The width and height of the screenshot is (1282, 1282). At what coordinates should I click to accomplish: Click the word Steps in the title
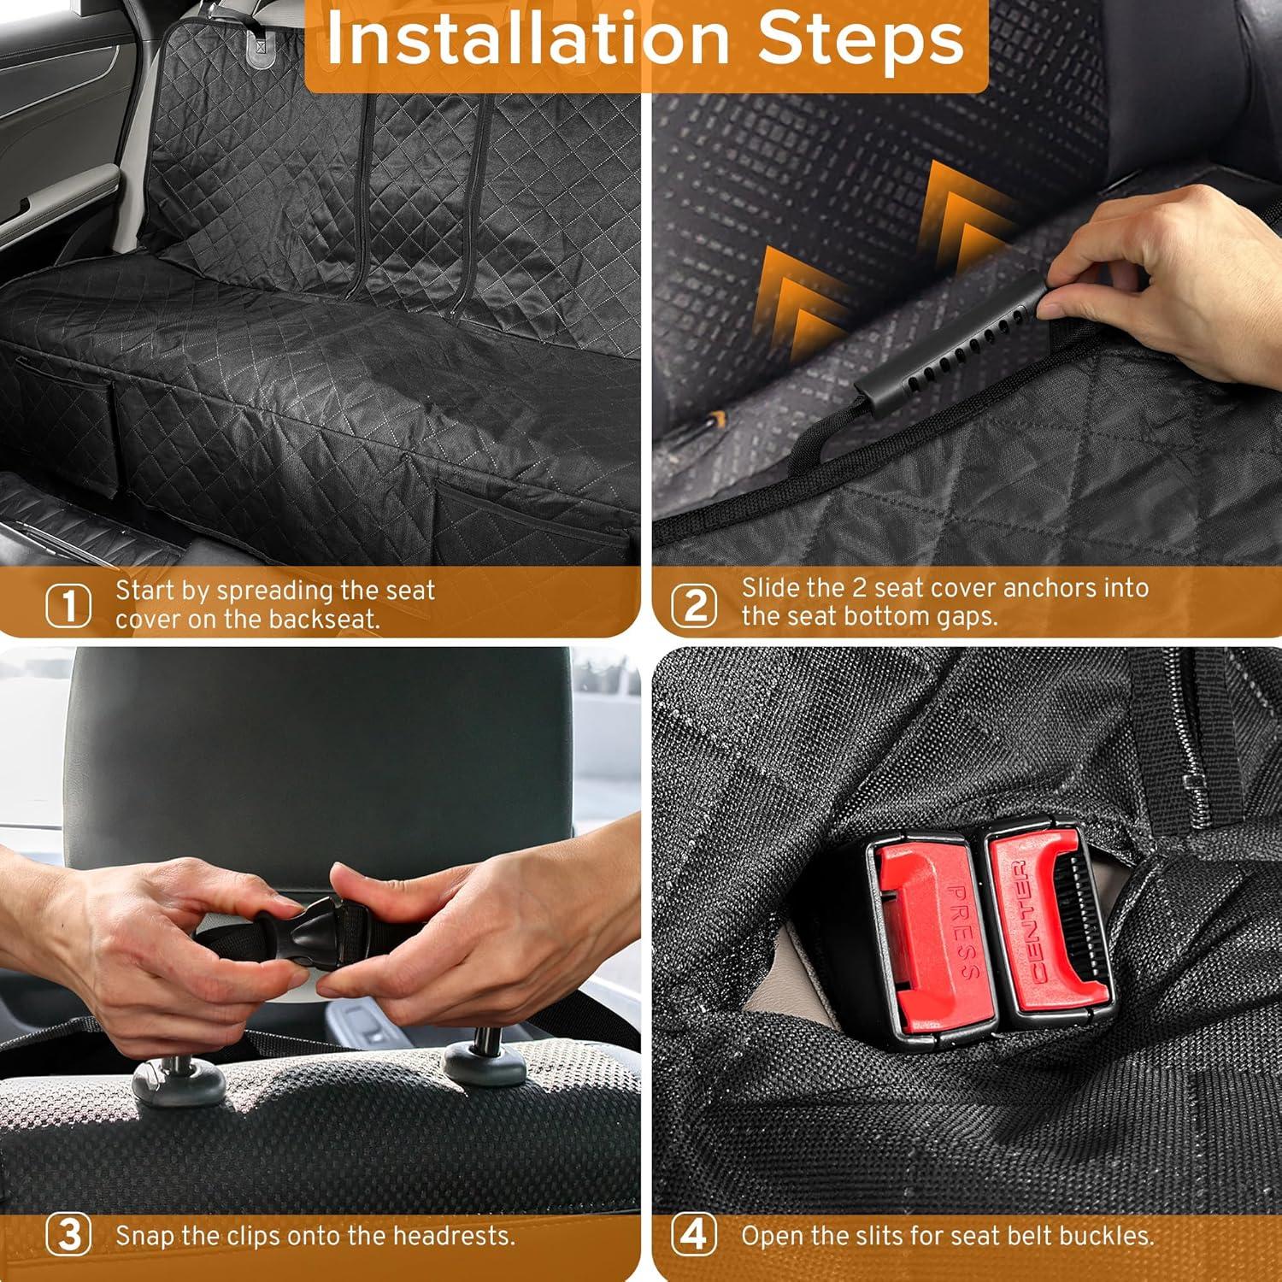click(861, 40)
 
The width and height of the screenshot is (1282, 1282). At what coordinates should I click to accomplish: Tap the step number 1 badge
click(68, 606)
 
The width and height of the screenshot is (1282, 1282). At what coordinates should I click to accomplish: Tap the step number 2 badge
click(693, 606)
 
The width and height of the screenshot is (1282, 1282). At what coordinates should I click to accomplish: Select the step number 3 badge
click(68, 1236)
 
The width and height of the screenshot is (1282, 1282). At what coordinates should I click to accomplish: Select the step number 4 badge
click(693, 1236)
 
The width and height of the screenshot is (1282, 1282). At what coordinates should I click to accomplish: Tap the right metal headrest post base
click(485, 1060)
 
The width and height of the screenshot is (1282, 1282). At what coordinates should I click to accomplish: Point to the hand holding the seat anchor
click(1179, 273)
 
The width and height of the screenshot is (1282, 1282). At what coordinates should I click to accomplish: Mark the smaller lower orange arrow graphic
click(799, 299)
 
